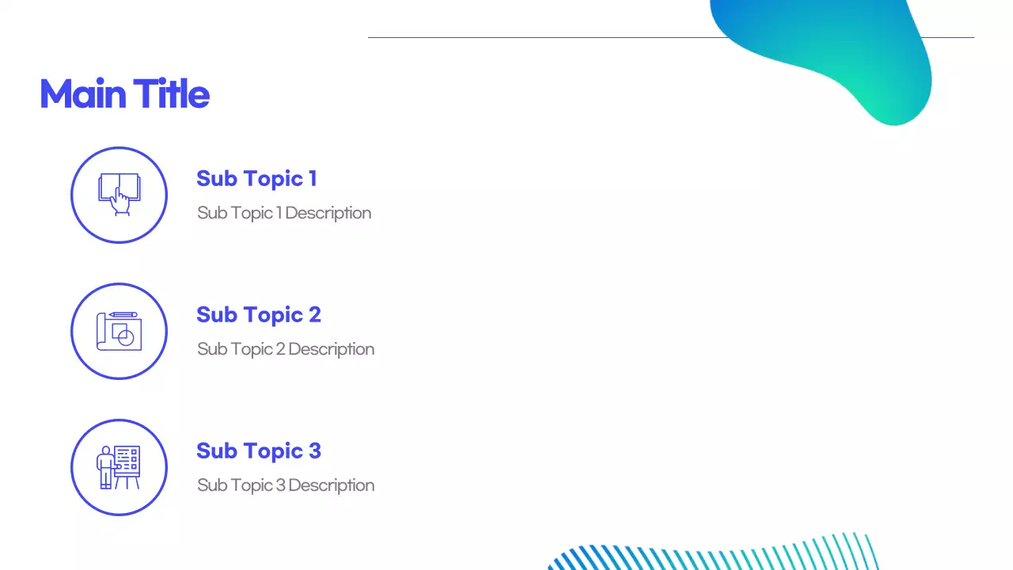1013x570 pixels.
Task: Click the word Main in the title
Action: [83, 94]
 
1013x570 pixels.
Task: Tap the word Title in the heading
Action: [171, 94]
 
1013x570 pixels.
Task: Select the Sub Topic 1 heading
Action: [256, 179]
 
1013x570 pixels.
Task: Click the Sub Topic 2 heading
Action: [258, 315]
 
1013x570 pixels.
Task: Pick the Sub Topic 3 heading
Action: [258, 451]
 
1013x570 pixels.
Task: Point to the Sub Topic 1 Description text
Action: [284, 213]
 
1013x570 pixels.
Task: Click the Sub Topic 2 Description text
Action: [286, 349]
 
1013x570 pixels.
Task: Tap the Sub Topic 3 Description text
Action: [286, 485]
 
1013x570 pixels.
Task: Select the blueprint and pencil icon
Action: [119, 331]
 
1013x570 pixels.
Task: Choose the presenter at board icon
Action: [119, 467]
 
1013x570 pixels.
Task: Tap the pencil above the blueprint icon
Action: [123, 314]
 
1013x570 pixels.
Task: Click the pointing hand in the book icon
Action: [120, 202]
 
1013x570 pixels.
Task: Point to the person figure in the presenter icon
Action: [105, 467]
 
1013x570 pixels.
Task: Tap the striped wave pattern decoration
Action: [712, 554]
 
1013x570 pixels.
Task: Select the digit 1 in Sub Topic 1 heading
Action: [313, 179]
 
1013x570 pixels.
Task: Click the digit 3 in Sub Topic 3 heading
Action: [314, 451]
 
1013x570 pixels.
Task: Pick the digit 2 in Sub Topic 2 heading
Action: [314, 315]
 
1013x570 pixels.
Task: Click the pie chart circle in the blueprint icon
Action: [125, 337]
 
